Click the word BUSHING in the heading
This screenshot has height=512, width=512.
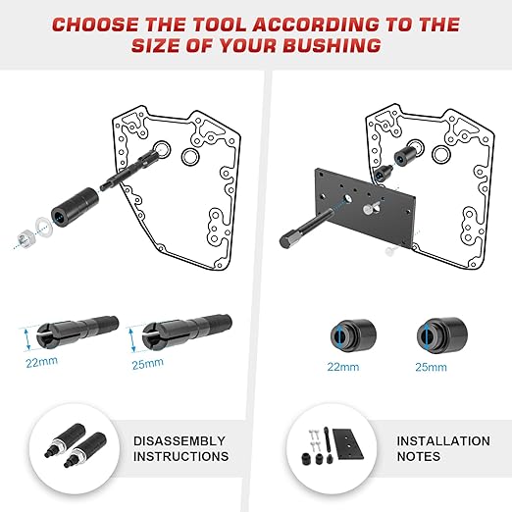[x=330, y=44]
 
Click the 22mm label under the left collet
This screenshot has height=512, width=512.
[x=41, y=361]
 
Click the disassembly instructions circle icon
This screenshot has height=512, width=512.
[x=73, y=448]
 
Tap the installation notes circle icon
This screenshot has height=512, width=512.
[x=330, y=448]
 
